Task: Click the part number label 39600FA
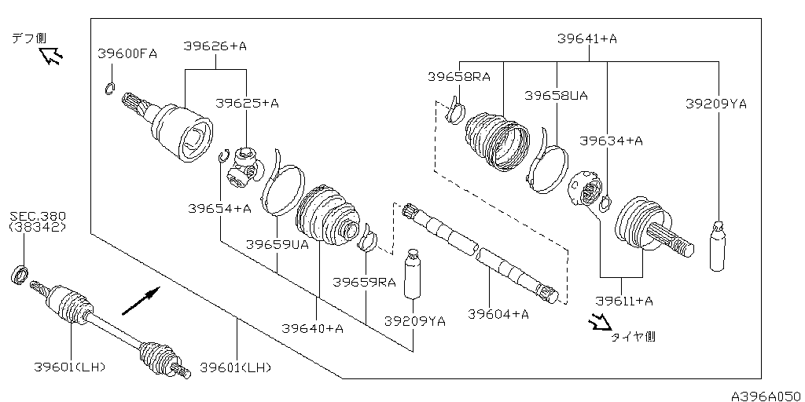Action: (x=127, y=53)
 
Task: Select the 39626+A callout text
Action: (x=215, y=46)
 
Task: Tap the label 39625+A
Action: (x=247, y=103)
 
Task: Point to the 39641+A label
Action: (x=587, y=38)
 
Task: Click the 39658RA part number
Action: (x=459, y=76)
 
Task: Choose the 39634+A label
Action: (x=612, y=141)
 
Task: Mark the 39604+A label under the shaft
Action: (x=498, y=313)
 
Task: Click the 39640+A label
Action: (x=313, y=328)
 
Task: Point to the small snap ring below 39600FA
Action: (x=109, y=88)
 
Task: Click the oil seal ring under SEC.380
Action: (x=20, y=274)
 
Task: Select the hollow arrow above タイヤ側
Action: (x=601, y=321)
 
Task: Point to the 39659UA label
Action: (x=278, y=244)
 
